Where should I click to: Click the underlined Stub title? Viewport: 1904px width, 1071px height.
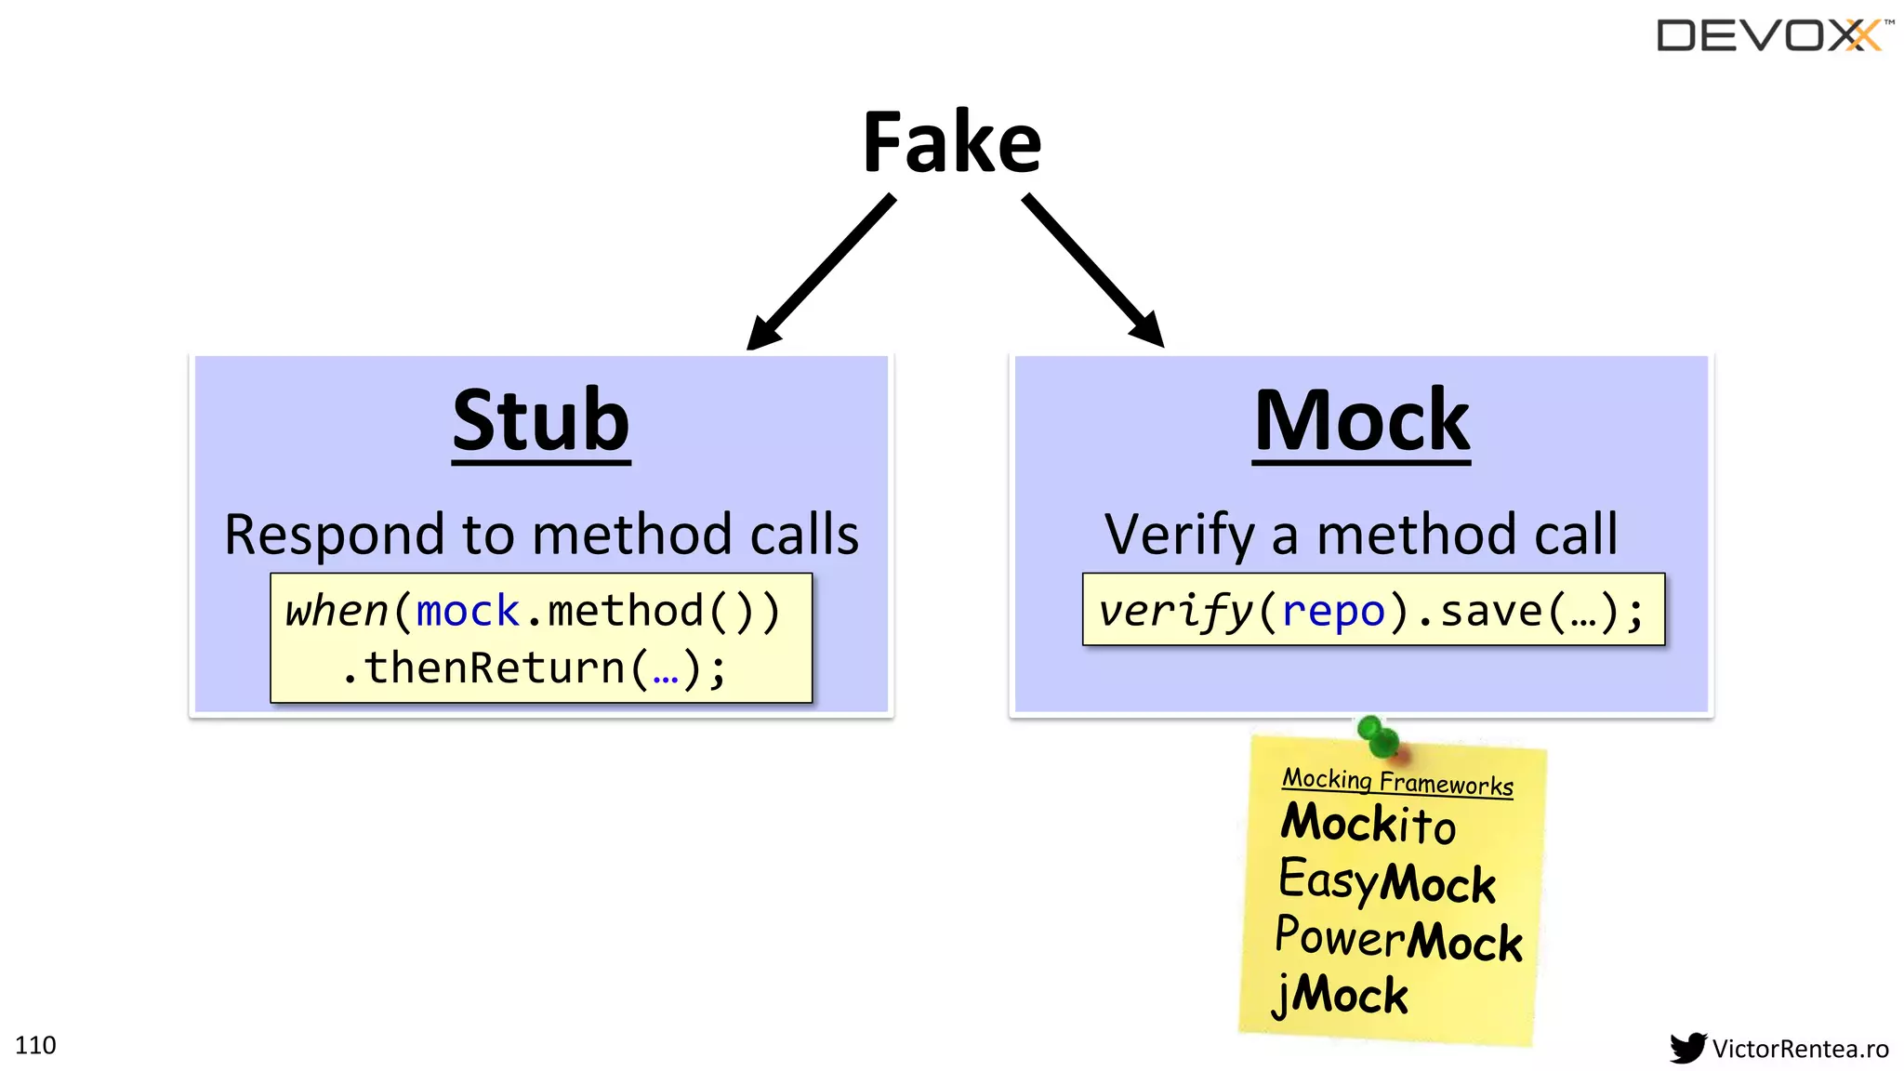tap(541, 421)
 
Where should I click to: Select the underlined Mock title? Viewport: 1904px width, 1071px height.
tap(1361, 421)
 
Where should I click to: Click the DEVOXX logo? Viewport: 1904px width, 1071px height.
tap(1772, 36)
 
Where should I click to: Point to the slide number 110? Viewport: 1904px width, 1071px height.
tap(35, 1045)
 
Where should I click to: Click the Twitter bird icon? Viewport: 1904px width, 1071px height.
tap(1687, 1048)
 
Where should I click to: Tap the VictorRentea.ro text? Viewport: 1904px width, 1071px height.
tap(1800, 1049)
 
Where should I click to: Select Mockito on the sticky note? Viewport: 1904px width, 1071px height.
tap(1368, 824)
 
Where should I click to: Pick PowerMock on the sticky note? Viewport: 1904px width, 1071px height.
tap(1397, 939)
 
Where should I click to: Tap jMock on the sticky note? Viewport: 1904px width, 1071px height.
tap(1340, 995)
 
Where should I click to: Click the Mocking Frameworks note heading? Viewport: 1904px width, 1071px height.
tap(1397, 781)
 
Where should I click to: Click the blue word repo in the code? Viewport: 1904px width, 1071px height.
tap(1333, 612)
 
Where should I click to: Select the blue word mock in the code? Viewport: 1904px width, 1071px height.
tap(468, 612)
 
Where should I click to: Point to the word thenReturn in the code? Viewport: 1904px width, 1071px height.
tap(495, 668)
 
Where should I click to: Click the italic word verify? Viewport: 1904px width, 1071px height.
tap(1176, 612)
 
